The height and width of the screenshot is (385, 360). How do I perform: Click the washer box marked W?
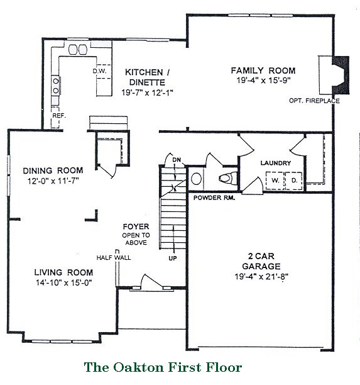(275, 181)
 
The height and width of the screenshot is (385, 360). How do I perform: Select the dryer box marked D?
(294, 181)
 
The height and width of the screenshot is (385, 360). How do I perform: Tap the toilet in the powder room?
(228, 178)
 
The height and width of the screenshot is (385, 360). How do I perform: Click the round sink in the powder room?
(196, 179)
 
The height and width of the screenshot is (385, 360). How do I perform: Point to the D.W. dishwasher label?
(99, 71)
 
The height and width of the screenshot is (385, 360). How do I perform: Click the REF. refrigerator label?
(59, 116)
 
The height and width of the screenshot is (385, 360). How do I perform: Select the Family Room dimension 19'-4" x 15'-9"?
(263, 81)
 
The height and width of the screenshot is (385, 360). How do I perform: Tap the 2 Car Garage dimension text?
(261, 276)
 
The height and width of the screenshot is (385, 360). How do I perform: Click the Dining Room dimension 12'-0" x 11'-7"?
(53, 181)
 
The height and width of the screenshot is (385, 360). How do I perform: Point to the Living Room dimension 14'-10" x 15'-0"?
(63, 282)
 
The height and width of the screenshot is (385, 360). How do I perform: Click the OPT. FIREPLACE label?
(314, 101)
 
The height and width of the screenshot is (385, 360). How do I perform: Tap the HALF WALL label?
(114, 257)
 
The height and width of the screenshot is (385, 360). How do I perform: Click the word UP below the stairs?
(173, 258)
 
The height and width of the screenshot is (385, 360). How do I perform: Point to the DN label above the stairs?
(177, 160)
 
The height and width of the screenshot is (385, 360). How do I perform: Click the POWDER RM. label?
(214, 198)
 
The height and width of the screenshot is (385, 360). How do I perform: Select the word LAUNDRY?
(276, 163)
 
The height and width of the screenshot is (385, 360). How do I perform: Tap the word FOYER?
(136, 226)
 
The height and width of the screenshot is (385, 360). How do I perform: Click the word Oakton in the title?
(138, 367)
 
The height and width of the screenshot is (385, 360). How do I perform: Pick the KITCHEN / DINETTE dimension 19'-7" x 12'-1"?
(148, 92)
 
